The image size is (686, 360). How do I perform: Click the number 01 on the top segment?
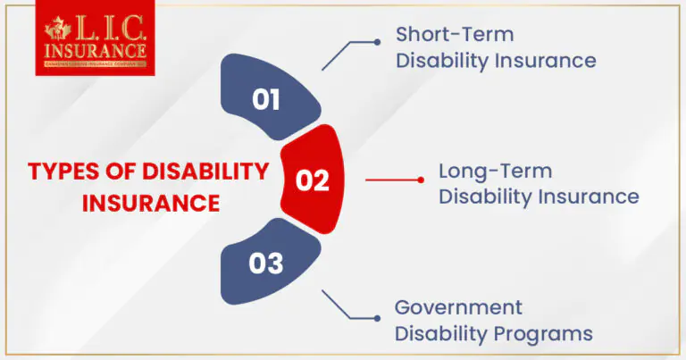coord(266,99)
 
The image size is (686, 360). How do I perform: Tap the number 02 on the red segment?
coord(313,180)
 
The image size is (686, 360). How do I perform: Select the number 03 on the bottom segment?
coord(266,264)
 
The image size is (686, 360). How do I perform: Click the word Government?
coord(458,308)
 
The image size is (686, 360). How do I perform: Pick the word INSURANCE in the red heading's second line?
coord(151,204)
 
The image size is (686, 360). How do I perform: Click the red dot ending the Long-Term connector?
coord(421,180)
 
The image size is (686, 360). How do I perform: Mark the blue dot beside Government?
coord(376,319)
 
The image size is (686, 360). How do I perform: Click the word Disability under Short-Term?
coord(440,62)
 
